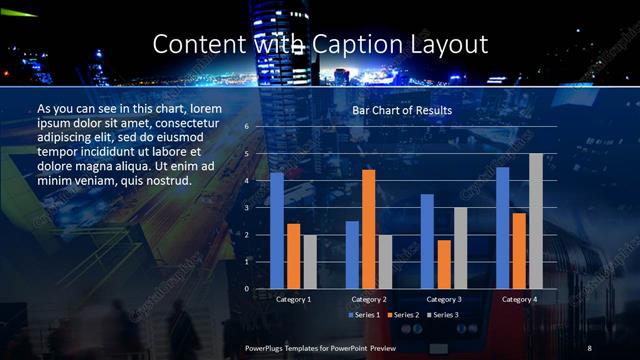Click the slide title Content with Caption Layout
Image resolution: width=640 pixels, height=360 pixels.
(320, 44)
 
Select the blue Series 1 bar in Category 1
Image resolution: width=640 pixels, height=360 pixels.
(276, 230)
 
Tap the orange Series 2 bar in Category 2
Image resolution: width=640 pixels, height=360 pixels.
(368, 229)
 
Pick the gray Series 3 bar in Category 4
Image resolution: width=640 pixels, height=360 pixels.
(535, 221)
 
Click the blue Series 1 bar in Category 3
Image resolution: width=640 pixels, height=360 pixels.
(427, 241)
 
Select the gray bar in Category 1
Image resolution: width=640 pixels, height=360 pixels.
(309, 262)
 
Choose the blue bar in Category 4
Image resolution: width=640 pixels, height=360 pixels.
(502, 227)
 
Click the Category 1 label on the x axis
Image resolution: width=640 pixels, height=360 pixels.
(293, 299)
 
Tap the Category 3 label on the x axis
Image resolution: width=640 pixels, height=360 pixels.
(443, 299)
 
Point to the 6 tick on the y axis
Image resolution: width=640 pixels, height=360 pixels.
(246, 127)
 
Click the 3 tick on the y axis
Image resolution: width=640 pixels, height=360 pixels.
(246, 208)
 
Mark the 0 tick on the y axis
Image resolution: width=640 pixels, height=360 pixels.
(246, 289)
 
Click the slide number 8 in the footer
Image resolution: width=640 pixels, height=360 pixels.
(590, 346)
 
